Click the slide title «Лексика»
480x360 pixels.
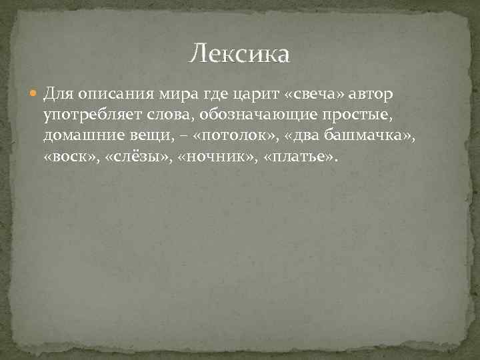239,54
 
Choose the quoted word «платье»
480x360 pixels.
301,159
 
